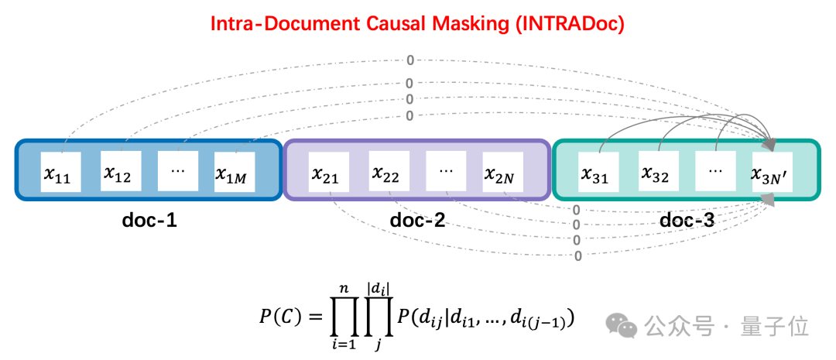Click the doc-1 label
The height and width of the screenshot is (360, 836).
[x=149, y=221]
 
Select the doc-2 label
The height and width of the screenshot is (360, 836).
[x=417, y=221]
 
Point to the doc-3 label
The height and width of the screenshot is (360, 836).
[x=687, y=221]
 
